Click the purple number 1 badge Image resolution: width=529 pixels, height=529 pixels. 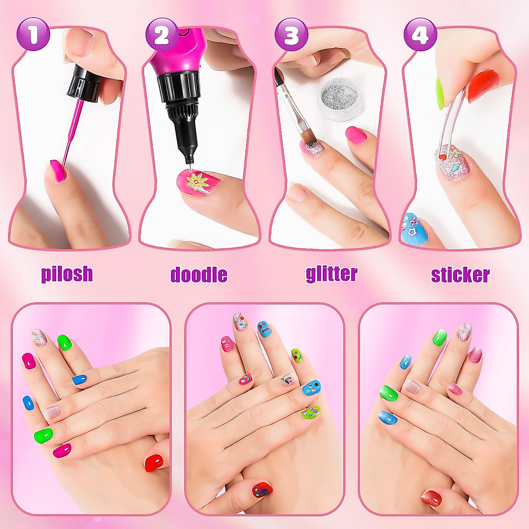(34, 35)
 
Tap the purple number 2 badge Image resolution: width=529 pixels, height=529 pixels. (161, 35)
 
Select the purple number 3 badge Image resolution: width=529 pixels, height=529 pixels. (291, 35)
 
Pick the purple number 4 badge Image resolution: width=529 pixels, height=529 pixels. (420, 35)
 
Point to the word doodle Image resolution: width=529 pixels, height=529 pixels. (199, 274)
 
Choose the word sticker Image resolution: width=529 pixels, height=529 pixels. (460, 274)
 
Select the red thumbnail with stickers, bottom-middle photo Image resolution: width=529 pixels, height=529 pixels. (262, 489)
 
